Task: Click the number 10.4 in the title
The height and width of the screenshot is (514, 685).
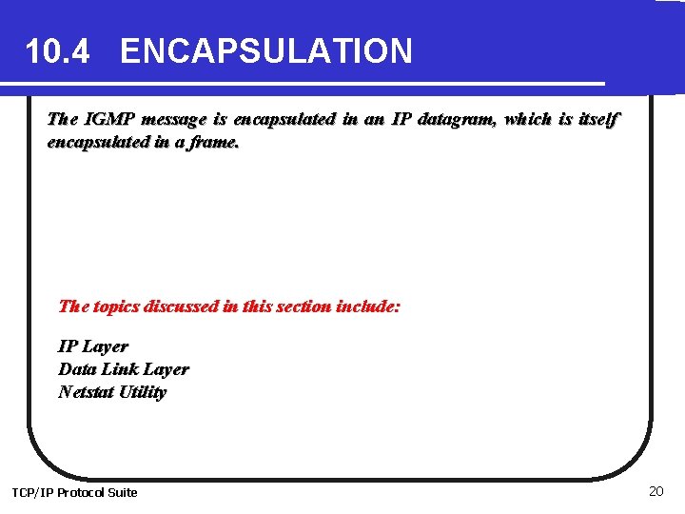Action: (57, 50)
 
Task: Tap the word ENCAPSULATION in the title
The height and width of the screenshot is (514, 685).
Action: (266, 50)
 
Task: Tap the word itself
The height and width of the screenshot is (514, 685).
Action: (598, 120)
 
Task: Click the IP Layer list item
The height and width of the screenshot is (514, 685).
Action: (93, 346)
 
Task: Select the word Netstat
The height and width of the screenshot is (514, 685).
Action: (84, 392)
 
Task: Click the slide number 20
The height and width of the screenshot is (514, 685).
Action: (655, 491)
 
